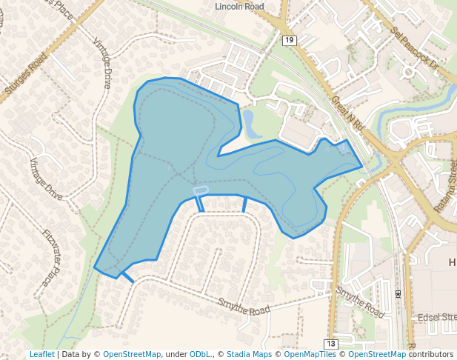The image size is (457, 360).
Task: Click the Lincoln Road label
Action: click(x=239, y=6)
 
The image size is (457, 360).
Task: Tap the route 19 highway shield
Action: click(x=290, y=40)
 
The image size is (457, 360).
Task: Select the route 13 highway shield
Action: click(x=330, y=344)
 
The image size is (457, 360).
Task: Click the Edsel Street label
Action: click(x=437, y=317)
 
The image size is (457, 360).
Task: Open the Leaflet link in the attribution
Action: click(x=41, y=355)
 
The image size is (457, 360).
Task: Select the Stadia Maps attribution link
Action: click(x=249, y=355)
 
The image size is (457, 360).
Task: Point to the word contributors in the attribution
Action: click(x=431, y=355)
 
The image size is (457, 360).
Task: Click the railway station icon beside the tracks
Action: click(x=398, y=294)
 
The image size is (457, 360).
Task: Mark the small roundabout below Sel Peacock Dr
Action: click(x=408, y=73)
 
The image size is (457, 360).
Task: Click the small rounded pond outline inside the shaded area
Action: click(x=200, y=190)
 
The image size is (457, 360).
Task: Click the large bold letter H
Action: click(x=453, y=263)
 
